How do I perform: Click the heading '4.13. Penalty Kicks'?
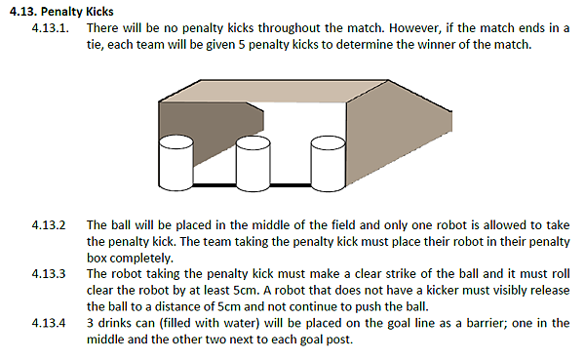61,12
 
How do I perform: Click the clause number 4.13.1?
51,28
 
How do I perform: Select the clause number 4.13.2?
49,225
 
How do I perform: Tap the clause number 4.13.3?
49,274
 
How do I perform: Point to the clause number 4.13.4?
49,323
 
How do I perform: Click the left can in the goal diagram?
175,163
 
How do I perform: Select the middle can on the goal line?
253,164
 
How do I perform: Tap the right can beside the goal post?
329,164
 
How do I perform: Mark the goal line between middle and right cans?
291,184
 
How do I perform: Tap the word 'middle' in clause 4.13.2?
270,225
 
